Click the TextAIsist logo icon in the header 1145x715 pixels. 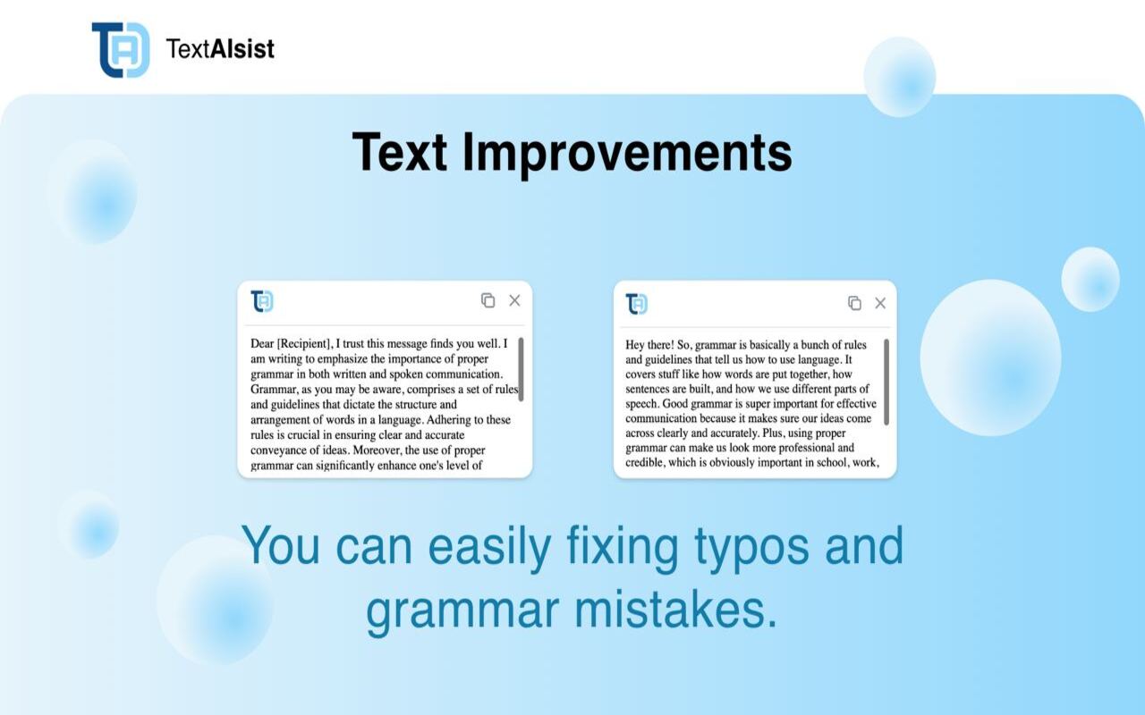point(120,49)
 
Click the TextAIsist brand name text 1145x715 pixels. point(220,49)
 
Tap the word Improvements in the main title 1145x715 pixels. point(626,152)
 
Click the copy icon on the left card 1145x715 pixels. point(488,300)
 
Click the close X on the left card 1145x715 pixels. point(514,300)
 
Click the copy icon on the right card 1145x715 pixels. point(854,303)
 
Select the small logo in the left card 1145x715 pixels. point(262,301)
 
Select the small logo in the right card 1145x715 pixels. point(637,304)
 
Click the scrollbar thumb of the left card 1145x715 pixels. point(521,369)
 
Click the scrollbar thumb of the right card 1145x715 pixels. point(886,382)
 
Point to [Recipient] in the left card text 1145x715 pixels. point(304,343)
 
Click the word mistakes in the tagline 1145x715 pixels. point(671,610)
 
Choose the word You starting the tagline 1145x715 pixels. point(280,546)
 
